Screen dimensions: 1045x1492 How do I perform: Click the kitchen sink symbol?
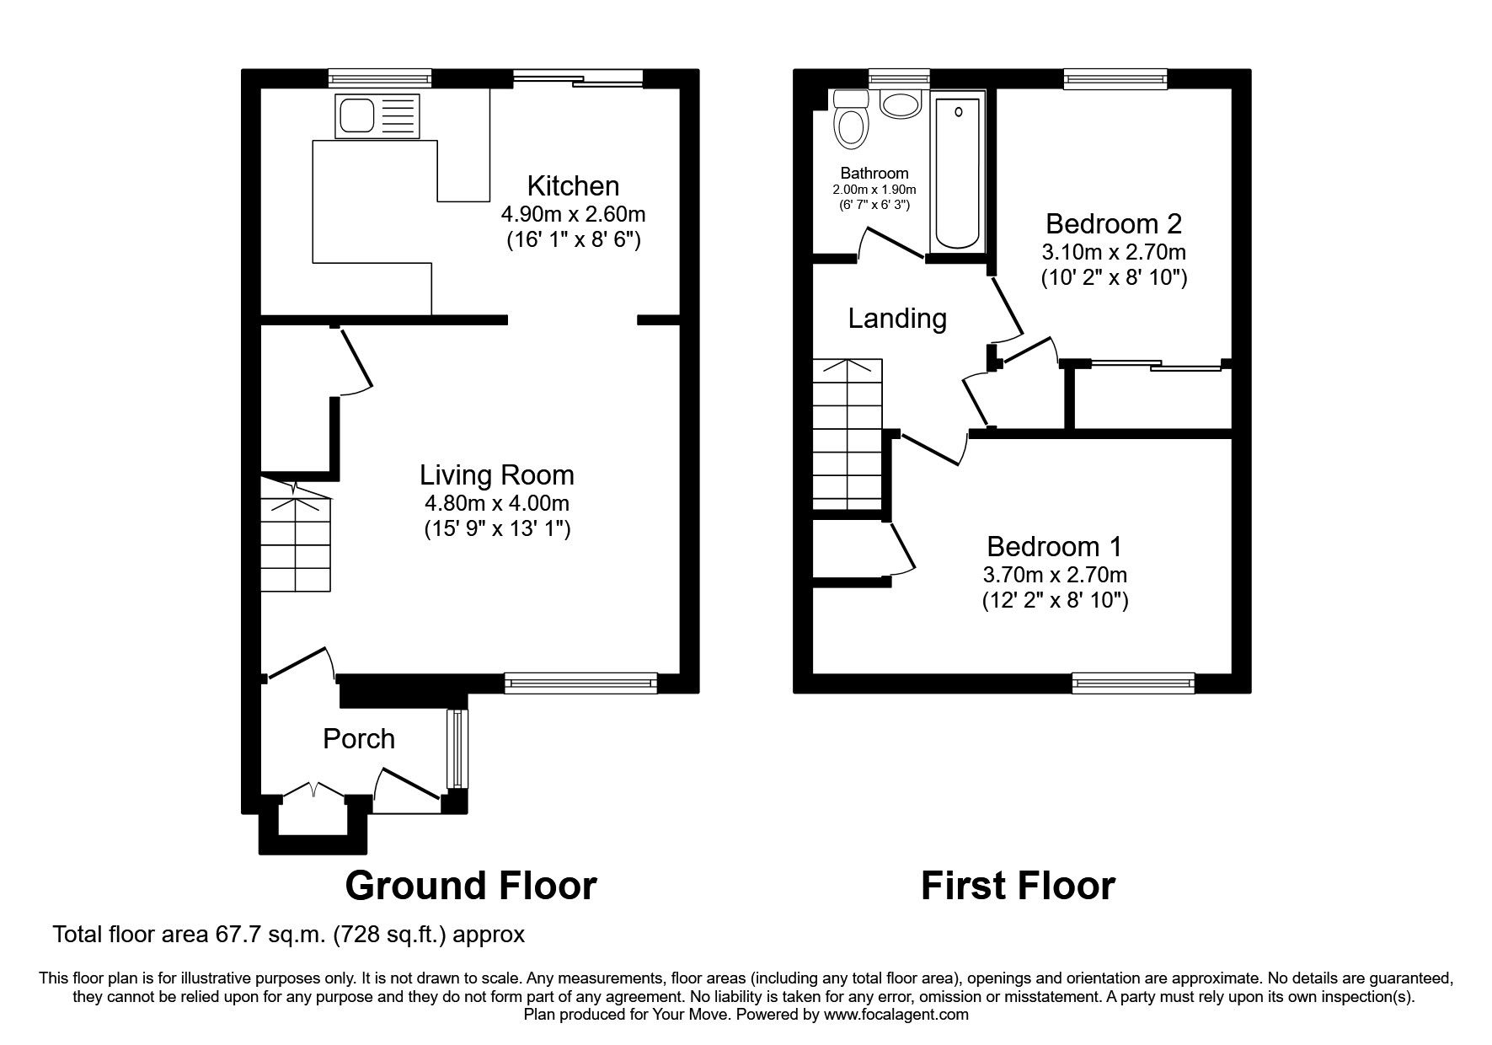(x=377, y=116)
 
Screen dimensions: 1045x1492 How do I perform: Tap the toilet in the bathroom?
(x=850, y=121)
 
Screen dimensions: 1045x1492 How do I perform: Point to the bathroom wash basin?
(x=900, y=104)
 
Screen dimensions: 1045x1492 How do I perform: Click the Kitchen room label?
(x=573, y=185)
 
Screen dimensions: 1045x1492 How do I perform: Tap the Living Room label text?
(x=497, y=475)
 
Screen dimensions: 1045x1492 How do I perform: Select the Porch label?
(x=359, y=739)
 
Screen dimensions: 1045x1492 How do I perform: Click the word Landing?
(x=897, y=319)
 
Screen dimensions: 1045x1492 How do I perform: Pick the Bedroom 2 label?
(x=1113, y=223)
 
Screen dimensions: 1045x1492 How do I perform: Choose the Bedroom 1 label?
(x=1054, y=547)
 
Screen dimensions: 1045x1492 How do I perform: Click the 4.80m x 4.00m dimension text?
(x=497, y=504)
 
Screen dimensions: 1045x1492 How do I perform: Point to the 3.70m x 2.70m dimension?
(x=1055, y=576)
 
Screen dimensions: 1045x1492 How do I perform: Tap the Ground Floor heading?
(x=471, y=886)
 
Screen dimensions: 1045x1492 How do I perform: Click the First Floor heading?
(x=1018, y=886)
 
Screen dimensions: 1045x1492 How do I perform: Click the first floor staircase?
(x=847, y=434)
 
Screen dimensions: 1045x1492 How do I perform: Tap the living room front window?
(x=580, y=683)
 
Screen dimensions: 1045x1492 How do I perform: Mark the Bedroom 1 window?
(x=1133, y=683)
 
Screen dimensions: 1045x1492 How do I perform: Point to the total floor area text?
(x=289, y=935)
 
